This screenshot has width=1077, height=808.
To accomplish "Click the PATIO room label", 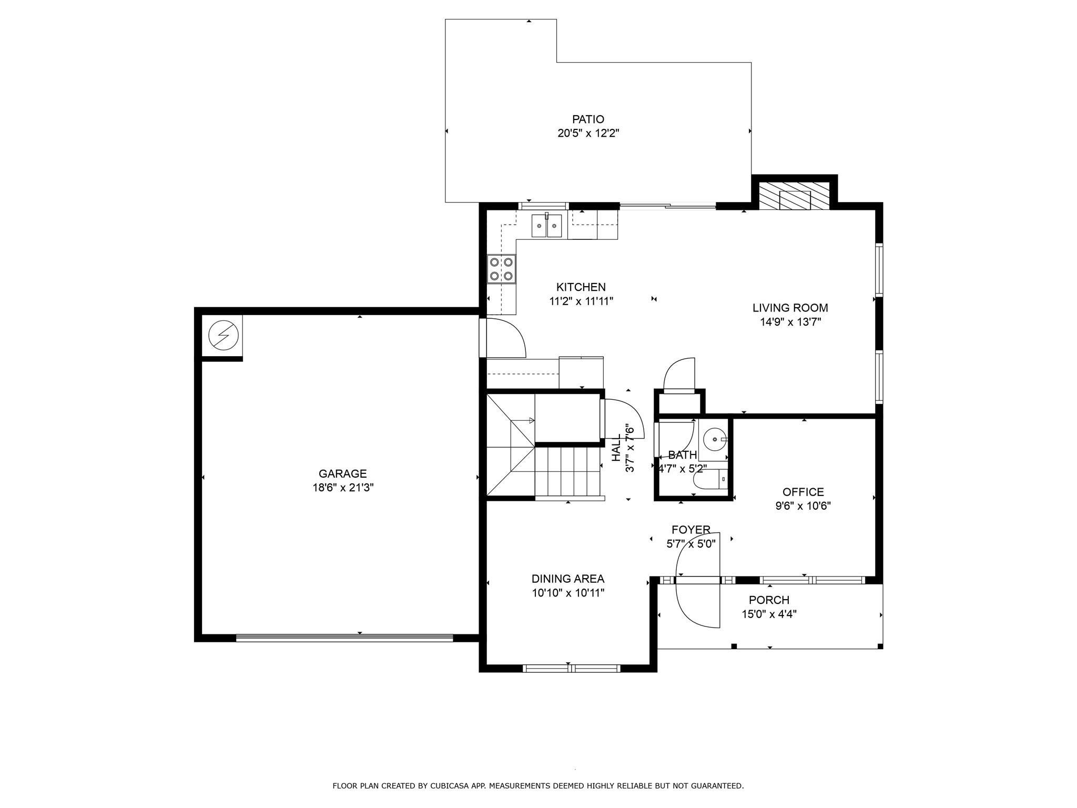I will [x=588, y=119].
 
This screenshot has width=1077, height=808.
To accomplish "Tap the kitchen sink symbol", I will [x=546, y=226].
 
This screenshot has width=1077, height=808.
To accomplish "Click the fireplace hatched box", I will [x=794, y=196].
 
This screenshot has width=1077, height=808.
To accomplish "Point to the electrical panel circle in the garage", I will [x=223, y=335].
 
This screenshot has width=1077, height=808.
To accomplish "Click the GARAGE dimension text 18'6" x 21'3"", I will [x=343, y=488].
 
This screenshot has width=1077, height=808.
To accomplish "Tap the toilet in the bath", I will [x=709, y=480].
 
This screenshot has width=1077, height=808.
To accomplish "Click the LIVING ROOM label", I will [x=790, y=308].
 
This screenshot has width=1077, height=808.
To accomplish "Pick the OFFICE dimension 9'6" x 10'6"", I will [x=802, y=506].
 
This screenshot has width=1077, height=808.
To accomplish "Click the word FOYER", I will [x=690, y=530].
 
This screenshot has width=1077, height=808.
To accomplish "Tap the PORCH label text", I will [x=769, y=600].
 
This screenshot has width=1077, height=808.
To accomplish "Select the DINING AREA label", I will [x=567, y=579].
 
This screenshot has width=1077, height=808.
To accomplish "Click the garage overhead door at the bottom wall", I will [x=344, y=638].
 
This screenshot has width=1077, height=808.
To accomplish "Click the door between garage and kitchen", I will [x=483, y=338].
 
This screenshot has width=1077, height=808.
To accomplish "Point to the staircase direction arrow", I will [x=531, y=420].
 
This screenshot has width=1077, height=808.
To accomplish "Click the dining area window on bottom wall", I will [x=571, y=669].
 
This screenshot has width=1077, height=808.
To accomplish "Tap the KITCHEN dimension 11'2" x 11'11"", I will [x=581, y=301].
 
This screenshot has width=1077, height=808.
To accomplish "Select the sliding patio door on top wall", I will [x=668, y=206].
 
